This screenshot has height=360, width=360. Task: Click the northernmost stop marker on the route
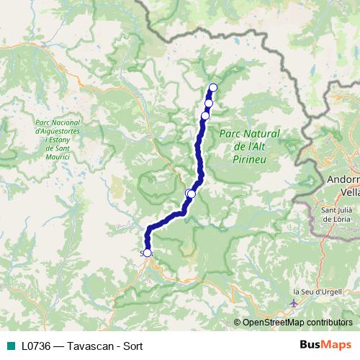[x=212, y=88]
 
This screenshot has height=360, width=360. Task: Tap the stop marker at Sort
[x=148, y=253]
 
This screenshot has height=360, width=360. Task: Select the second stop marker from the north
[x=209, y=103]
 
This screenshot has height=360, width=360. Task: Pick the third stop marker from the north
[x=205, y=115]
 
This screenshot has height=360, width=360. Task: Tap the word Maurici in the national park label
[x=56, y=156]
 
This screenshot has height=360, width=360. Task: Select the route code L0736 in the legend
[x=35, y=344]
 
